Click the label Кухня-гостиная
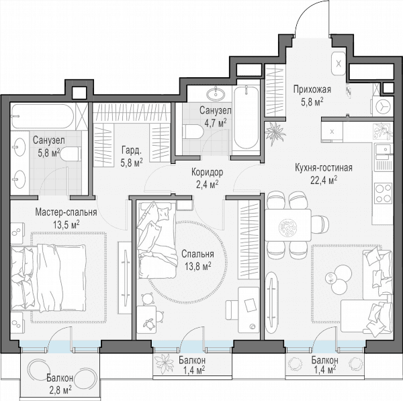(x=324, y=168)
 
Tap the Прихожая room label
(x=312, y=90)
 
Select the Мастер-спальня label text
(x=66, y=212)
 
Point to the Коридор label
(x=207, y=172)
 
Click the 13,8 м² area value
(x=198, y=265)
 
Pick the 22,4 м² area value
(x=324, y=180)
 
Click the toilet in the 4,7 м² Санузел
(x=193, y=132)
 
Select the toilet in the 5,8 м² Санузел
(x=70, y=154)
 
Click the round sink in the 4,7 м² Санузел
(x=216, y=94)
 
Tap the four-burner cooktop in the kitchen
(x=384, y=193)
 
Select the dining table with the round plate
(x=288, y=225)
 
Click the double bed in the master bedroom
(x=48, y=278)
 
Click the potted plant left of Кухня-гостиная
(x=275, y=132)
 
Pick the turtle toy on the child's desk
(x=149, y=324)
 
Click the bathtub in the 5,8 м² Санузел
(x=42, y=116)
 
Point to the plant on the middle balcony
(x=165, y=364)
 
